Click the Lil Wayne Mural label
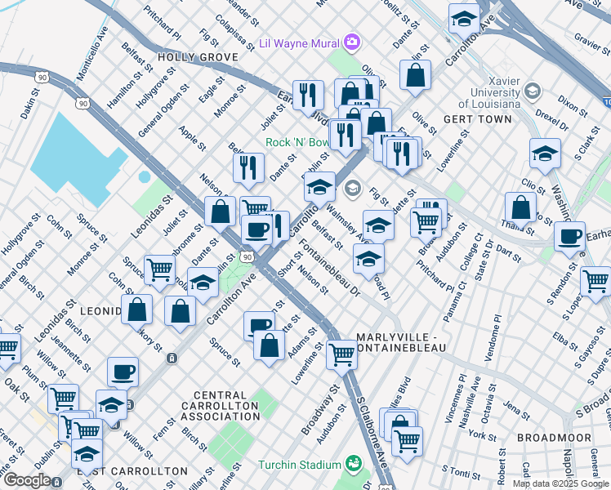click(299, 42)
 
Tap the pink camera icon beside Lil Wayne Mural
click(352, 41)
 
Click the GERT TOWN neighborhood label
click(477, 118)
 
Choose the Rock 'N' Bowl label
click(297, 142)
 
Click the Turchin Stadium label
click(299, 465)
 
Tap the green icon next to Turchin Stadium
click(353, 464)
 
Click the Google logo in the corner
click(26, 480)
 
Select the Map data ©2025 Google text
click(561, 483)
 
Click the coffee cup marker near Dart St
click(569, 237)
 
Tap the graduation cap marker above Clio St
click(545, 153)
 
